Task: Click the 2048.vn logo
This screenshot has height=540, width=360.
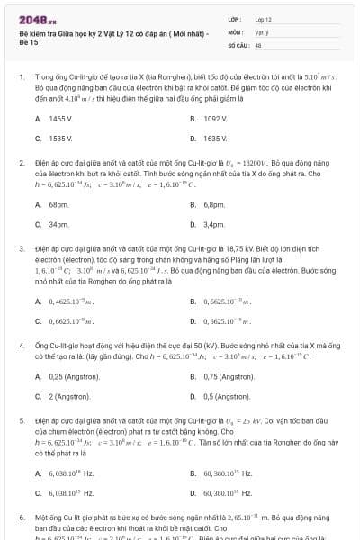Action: coord(32,19)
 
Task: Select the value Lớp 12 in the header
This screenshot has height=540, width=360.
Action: coord(264,19)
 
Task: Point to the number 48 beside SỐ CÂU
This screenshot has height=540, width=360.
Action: coord(258,43)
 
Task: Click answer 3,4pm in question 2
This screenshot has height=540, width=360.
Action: coord(213,224)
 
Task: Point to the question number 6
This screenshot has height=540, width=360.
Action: coord(21,520)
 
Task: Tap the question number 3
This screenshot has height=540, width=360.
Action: coord(21,247)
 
